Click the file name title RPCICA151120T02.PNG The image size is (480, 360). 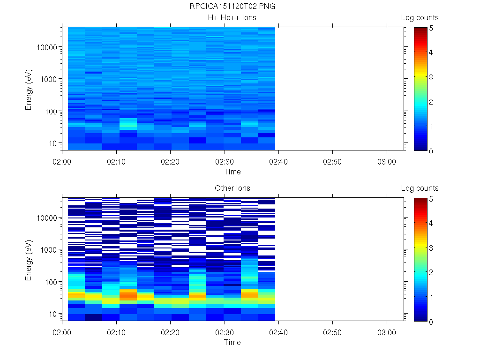point(232,7)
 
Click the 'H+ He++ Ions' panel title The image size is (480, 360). point(232,18)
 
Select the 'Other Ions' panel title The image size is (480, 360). point(232,188)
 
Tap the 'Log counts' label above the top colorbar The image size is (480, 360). point(420,18)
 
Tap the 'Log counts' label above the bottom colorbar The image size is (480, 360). point(420,188)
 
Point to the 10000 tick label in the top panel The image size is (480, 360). point(47,47)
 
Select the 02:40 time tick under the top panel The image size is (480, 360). point(278,161)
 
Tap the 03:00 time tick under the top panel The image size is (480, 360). point(386,161)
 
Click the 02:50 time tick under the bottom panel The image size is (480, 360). point(332,331)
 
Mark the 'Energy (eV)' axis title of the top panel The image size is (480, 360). point(29,89)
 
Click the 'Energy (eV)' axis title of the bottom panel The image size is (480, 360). point(29,259)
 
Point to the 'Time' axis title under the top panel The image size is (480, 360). point(232,172)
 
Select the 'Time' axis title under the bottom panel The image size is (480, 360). point(232,342)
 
